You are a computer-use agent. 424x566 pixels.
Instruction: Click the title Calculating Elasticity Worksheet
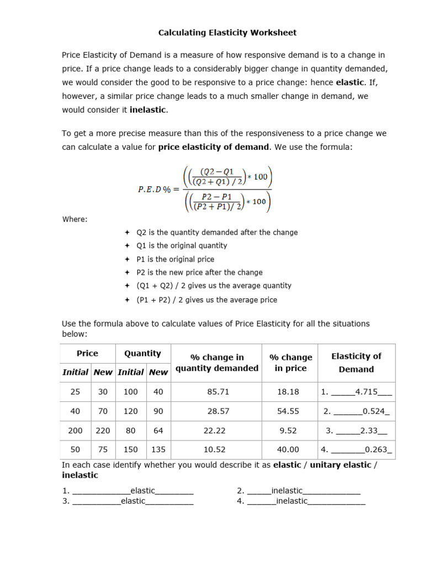click(227, 33)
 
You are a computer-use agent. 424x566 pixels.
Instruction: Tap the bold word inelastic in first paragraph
click(147, 109)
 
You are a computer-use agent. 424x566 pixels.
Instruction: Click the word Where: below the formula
click(75, 219)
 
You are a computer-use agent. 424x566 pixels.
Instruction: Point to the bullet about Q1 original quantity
click(182, 245)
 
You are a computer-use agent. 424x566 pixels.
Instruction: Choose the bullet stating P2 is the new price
click(199, 272)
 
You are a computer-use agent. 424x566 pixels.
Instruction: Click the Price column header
click(87, 353)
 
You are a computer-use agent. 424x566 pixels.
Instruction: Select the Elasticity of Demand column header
click(356, 363)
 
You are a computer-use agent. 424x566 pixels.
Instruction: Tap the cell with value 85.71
click(217, 392)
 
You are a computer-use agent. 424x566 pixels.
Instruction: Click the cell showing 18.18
click(290, 392)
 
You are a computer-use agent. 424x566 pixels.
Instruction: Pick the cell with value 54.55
click(290, 411)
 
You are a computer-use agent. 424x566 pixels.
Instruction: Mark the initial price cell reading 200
click(75, 431)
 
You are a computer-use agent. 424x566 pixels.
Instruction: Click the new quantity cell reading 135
click(158, 450)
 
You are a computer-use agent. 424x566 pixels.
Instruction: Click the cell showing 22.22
click(217, 431)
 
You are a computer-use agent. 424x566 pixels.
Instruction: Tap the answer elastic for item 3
click(133, 501)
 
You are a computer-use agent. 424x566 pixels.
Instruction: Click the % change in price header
click(290, 363)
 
